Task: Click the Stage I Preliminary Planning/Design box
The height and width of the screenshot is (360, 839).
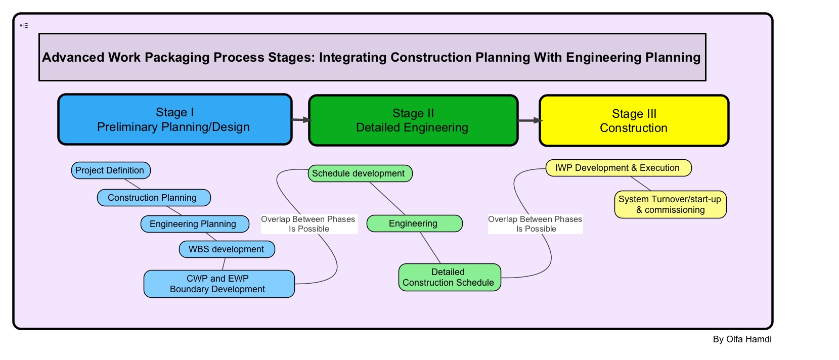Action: pos(175,120)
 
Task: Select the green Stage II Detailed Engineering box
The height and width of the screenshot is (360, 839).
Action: pos(413,121)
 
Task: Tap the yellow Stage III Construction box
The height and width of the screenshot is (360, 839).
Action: pos(634,121)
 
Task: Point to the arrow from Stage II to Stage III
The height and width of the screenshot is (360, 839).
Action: pos(529,120)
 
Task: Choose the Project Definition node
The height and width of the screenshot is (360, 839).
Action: pos(111,170)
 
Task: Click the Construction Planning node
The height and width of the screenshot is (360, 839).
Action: pos(154,198)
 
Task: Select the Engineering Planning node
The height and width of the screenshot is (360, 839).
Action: pos(195,224)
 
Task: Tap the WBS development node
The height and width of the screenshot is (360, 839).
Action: pos(227,249)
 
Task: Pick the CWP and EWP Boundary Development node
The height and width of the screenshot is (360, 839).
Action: pos(219,284)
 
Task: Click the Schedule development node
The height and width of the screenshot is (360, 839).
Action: pos(360,173)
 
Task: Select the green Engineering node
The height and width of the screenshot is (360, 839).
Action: pos(414,223)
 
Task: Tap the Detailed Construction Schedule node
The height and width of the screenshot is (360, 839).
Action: pos(450,277)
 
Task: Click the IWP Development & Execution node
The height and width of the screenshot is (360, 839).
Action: pos(618,168)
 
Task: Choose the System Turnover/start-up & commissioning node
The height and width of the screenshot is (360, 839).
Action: pos(670,204)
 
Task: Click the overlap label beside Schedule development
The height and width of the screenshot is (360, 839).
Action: pos(308,224)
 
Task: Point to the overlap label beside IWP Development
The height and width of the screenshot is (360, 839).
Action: pos(535,224)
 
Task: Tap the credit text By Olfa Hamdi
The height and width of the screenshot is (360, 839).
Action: pos(742,339)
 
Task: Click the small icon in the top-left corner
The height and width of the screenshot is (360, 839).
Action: pos(24,25)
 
